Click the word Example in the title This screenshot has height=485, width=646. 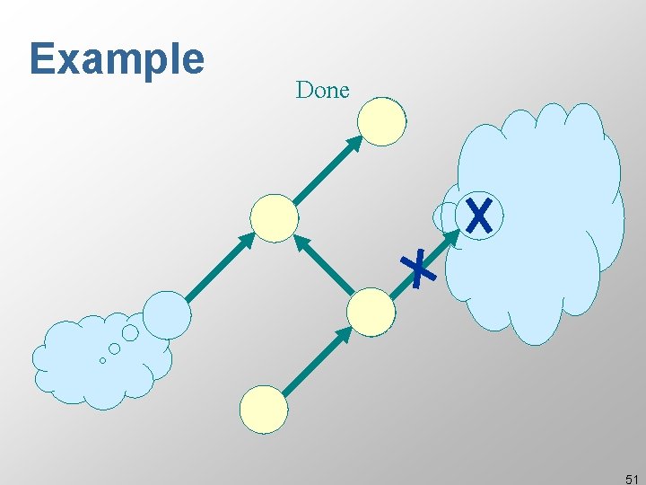pos(117,59)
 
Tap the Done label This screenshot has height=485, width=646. pos(322,90)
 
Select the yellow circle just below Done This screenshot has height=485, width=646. pos(382,121)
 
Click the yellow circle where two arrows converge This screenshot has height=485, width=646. pos(274,218)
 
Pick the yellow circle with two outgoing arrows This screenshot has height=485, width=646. pos(371,312)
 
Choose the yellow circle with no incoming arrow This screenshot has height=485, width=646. pos(264,410)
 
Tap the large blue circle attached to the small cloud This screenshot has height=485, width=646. pos(168,314)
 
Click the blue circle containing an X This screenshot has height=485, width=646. pos(480,216)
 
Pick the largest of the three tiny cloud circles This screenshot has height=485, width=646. pos(130,333)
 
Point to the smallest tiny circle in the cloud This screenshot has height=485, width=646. pos(102,361)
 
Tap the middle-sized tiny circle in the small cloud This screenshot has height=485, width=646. pos(115,348)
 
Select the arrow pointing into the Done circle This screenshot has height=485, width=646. pos(327,170)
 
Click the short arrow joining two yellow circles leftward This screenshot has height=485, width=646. pos(325,264)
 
